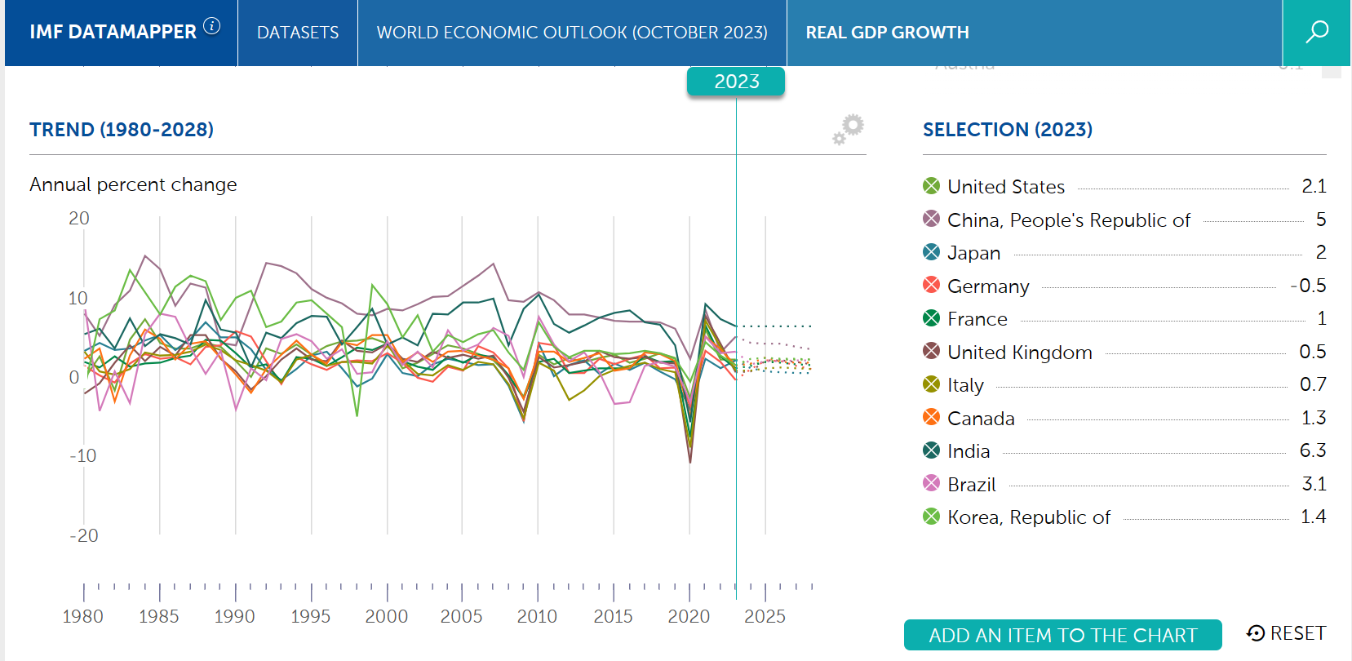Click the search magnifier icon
1317,32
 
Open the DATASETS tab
298,33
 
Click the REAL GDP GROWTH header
888,33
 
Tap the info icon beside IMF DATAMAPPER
212,26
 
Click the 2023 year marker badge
736,82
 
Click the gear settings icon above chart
849,129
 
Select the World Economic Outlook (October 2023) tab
572,33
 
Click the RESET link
1287,633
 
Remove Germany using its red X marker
931,285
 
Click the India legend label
969,451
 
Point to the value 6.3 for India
1313,450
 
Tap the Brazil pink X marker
931,483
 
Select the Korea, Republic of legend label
1029,517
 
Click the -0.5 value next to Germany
1308,286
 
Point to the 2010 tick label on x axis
537,617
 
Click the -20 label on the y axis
83,536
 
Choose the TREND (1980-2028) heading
122,130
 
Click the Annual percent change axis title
133,184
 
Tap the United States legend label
1006,187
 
